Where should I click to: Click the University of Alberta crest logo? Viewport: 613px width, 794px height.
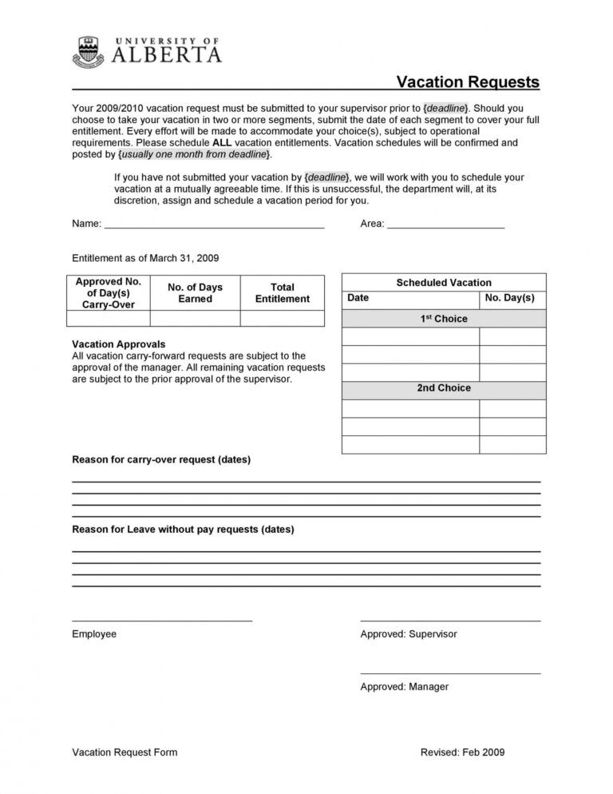88,52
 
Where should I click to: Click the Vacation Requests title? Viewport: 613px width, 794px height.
468,81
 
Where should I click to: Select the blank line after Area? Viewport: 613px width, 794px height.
445,226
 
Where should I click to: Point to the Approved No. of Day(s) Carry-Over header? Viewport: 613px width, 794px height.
108,293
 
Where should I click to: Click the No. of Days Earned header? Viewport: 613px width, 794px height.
195,293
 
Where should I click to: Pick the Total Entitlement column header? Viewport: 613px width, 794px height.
282,293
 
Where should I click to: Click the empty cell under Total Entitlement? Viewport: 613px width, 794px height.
282,319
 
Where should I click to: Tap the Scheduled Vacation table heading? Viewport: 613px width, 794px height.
444,283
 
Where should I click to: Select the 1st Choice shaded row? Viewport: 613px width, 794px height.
444,319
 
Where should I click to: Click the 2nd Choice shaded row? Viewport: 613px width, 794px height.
444,388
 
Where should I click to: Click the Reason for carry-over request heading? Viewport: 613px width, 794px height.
161,460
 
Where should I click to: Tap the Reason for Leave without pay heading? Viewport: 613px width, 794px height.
183,529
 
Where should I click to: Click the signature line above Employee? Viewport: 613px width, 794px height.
162,619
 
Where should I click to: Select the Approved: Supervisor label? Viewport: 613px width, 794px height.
409,634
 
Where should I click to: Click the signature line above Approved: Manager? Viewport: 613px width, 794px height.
450,673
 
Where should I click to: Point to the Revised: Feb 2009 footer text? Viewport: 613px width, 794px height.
462,752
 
